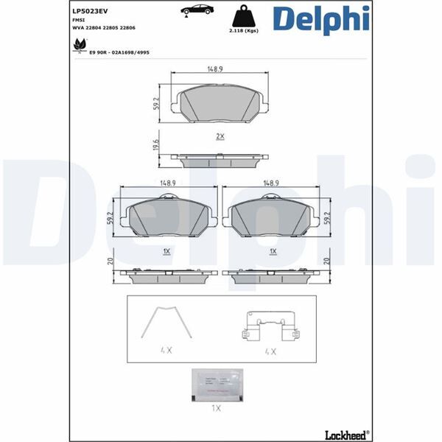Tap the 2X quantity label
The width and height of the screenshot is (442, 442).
click(219, 137)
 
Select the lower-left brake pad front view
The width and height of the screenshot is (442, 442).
click(169, 217)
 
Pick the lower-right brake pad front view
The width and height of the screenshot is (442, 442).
click(273, 217)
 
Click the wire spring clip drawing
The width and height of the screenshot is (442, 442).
click(167, 324)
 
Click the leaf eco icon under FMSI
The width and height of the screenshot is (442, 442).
click(76, 46)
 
